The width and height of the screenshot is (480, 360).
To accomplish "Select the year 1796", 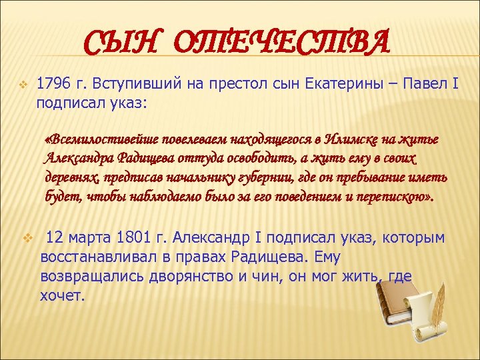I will coord(53,85).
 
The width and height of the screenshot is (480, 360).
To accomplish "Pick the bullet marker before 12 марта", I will coord(27,237).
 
